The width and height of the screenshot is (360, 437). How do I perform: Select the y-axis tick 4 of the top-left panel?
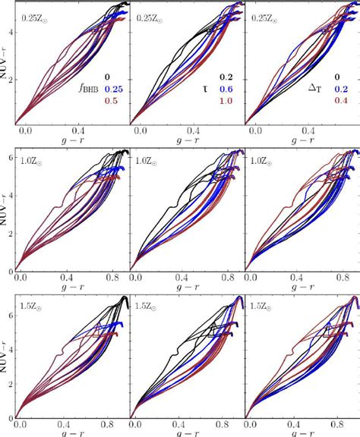[8, 32]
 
